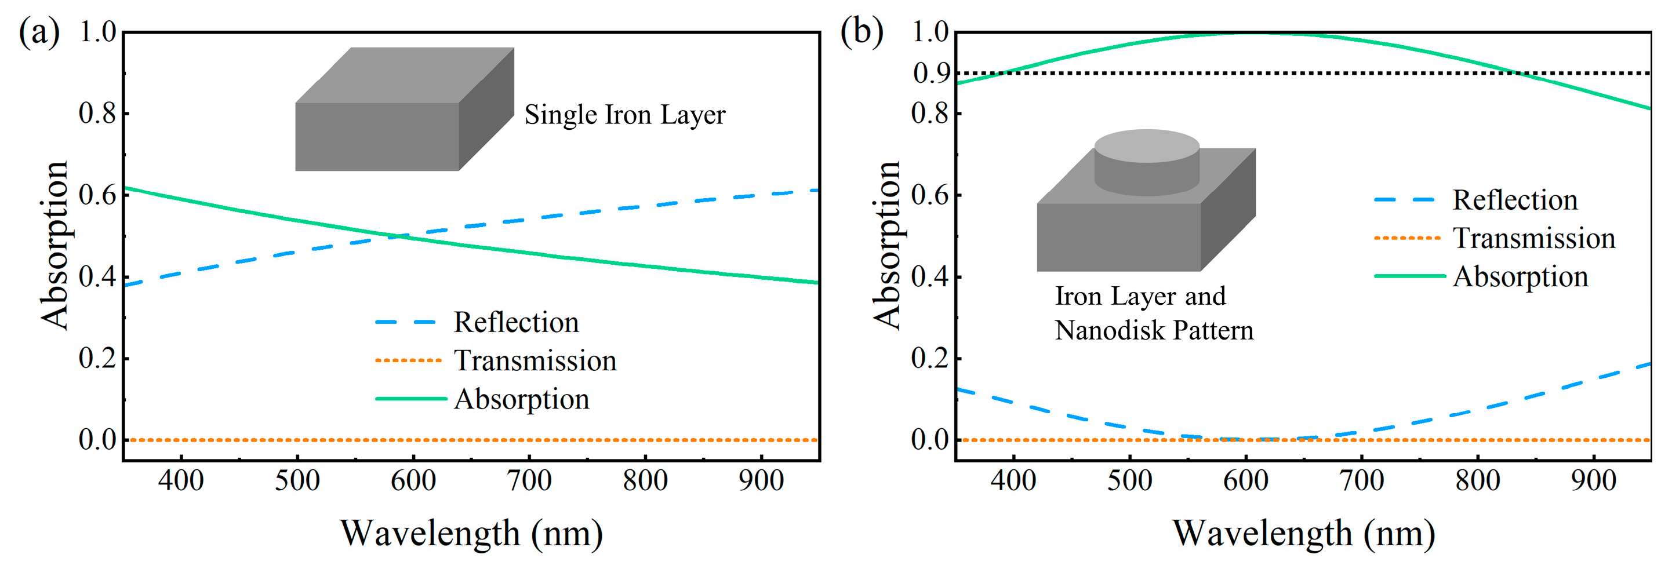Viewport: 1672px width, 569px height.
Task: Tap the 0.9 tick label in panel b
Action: (x=930, y=74)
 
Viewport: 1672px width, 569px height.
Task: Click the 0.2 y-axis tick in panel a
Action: (x=97, y=358)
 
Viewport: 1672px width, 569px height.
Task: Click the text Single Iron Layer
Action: (x=624, y=115)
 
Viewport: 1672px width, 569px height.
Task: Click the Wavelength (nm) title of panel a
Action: (x=471, y=533)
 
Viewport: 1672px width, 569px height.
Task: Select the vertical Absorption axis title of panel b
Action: (x=886, y=245)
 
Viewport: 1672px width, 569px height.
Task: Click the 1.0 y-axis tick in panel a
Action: (x=97, y=32)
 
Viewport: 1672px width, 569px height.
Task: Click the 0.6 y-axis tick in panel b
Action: (x=930, y=195)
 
